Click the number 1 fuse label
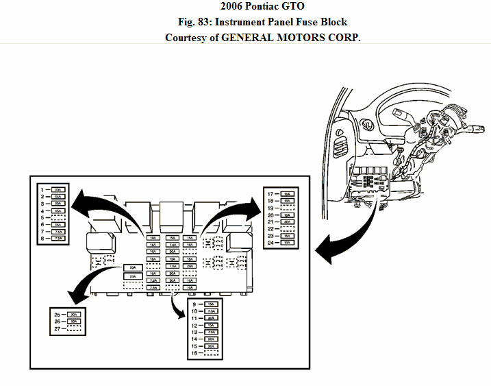point(42,189)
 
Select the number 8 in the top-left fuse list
point(42,239)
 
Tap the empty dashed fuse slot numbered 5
point(58,217)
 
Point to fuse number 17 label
point(270,194)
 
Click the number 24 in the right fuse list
point(270,243)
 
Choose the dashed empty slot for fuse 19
point(288,208)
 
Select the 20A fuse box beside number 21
point(288,221)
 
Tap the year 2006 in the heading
point(232,6)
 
